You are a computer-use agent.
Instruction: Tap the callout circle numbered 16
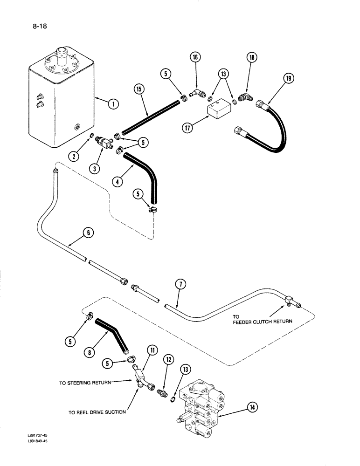[x=194, y=58]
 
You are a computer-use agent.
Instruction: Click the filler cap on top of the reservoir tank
[x=61, y=52]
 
